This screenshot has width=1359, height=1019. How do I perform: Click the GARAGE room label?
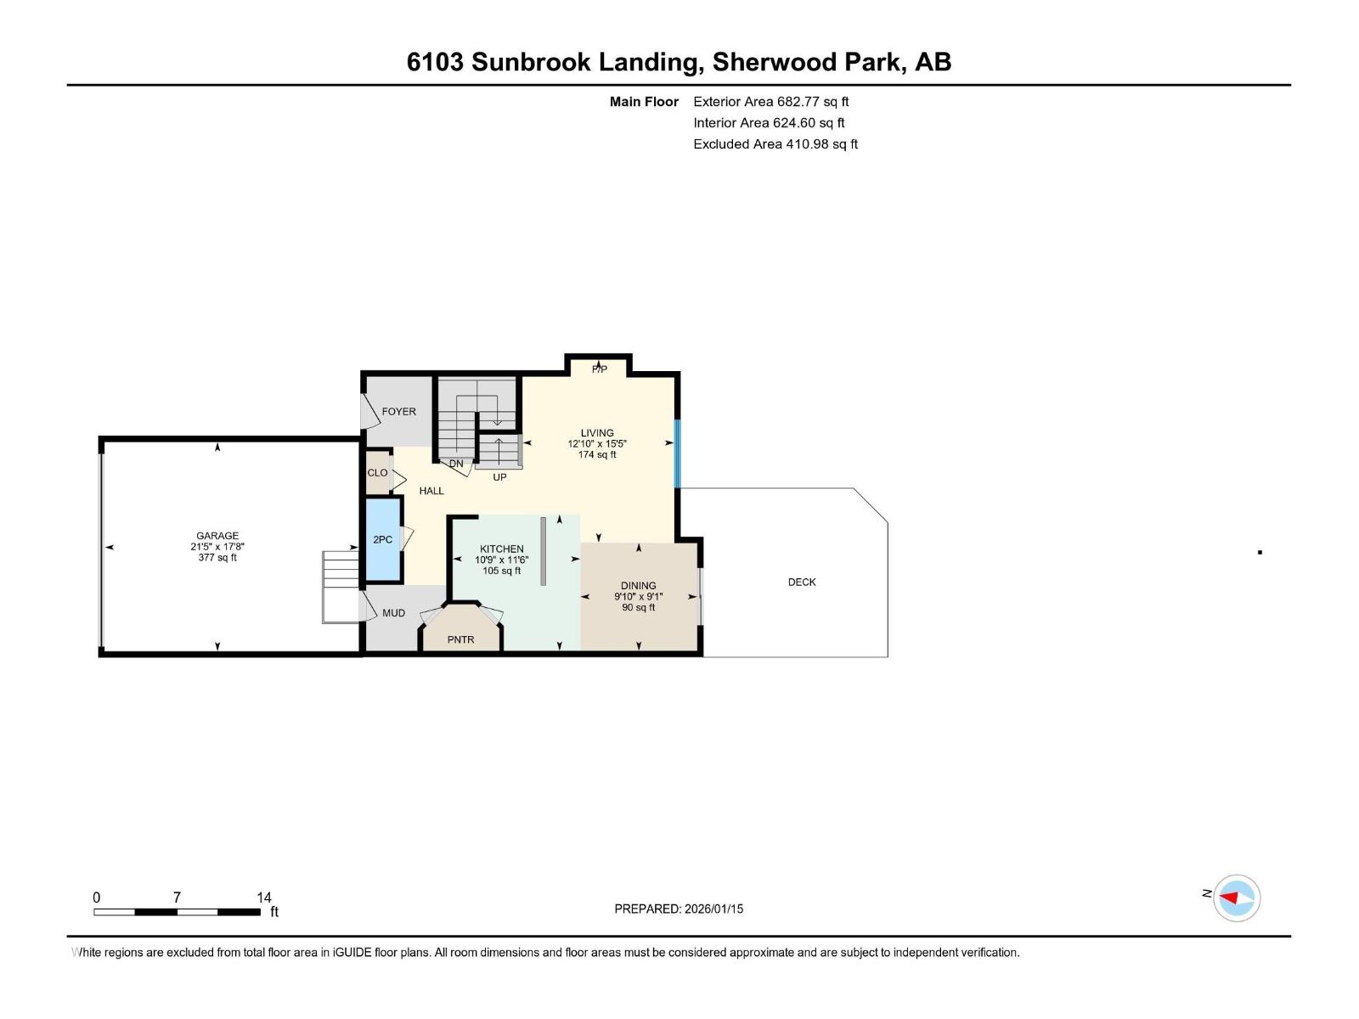click(217, 536)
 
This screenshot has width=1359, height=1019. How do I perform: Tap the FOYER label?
click(398, 412)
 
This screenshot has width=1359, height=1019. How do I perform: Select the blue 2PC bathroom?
click(383, 540)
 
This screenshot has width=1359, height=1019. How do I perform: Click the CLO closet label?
click(377, 473)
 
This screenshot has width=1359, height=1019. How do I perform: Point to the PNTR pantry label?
click(460, 639)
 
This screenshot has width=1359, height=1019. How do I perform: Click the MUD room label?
click(393, 613)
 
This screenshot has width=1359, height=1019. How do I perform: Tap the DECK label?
click(801, 583)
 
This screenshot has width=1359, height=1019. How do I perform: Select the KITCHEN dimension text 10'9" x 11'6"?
click(501, 560)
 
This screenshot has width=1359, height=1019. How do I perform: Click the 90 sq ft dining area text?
click(638, 608)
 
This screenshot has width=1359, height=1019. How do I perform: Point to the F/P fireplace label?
click(600, 369)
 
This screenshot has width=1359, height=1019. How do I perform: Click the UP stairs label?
click(499, 477)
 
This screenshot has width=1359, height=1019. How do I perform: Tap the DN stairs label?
click(456, 464)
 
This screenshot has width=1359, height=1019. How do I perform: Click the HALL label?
click(431, 491)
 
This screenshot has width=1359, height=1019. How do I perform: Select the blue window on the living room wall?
click(677, 453)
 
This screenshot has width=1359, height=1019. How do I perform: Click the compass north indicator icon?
click(1236, 898)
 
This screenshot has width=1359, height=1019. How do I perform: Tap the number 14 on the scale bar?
click(264, 898)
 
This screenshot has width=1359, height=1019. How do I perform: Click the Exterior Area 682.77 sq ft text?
click(770, 102)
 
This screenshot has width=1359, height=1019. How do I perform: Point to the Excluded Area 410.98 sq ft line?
click(775, 144)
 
